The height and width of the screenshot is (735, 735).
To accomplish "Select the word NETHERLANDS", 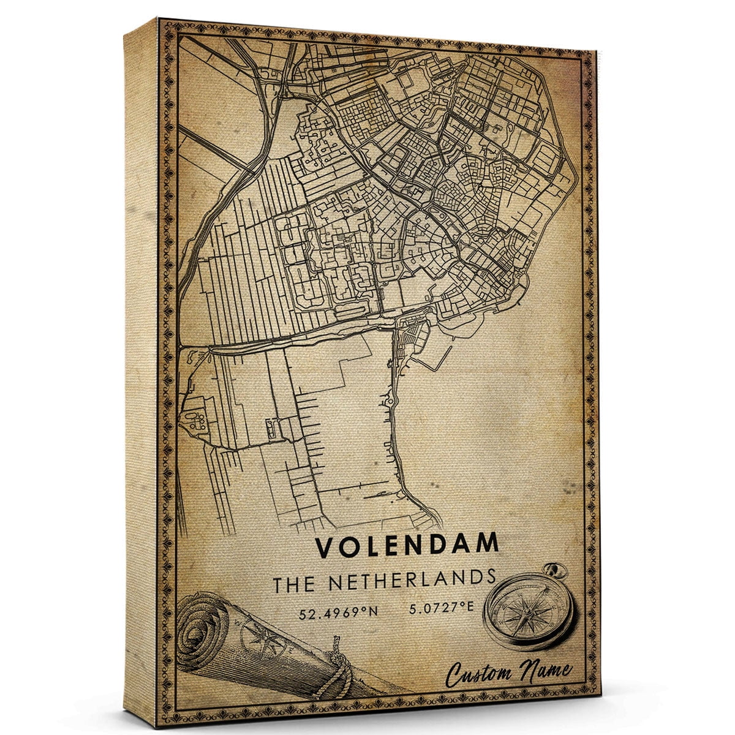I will [412, 580].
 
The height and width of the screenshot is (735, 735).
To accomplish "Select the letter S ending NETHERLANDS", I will [490, 577].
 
